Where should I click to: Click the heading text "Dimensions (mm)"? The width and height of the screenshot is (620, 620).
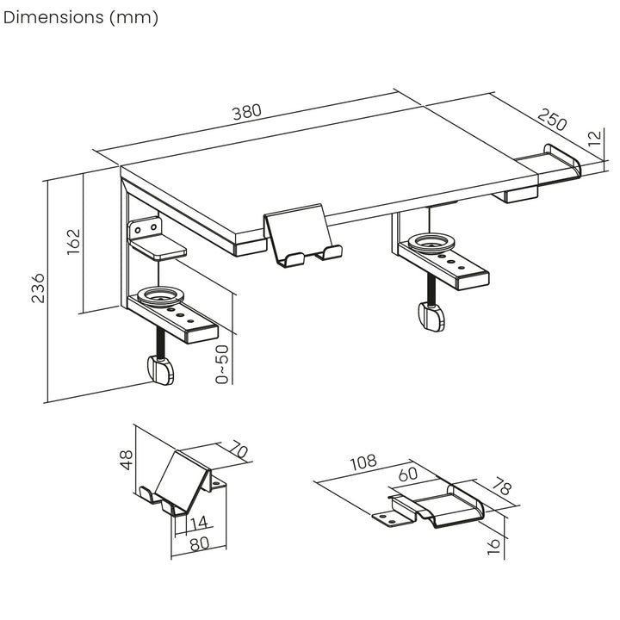[x=81, y=18]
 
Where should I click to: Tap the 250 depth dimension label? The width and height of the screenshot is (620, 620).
[x=553, y=121]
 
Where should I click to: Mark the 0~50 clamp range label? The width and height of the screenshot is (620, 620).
[x=223, y=364]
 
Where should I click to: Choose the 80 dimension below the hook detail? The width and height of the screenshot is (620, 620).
[x=199, y=544]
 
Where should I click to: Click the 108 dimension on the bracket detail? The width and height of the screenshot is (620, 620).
[x=363, y=462]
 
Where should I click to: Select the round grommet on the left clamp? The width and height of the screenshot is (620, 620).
[x=158, y=296]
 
